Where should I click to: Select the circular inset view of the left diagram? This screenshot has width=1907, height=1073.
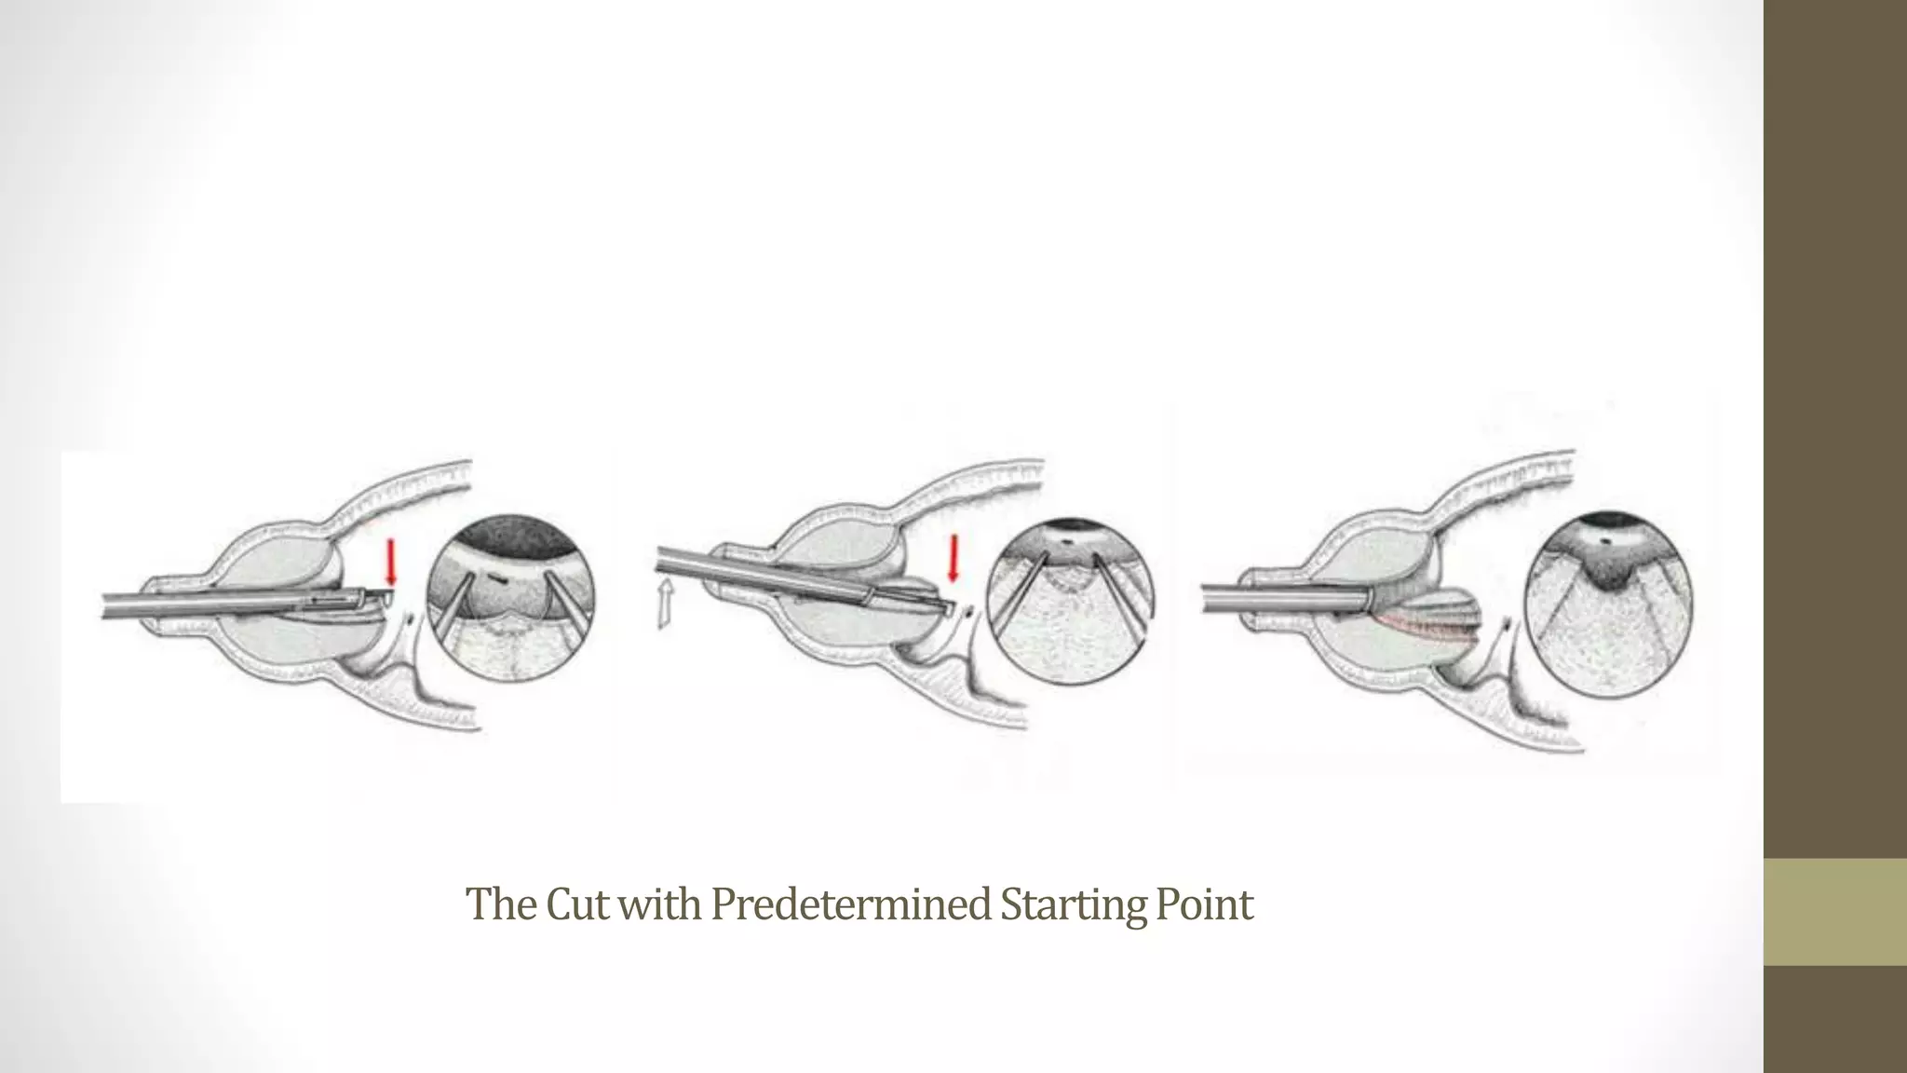tap(510, 597)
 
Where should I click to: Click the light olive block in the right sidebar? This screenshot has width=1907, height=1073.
tap(1834, 911)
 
